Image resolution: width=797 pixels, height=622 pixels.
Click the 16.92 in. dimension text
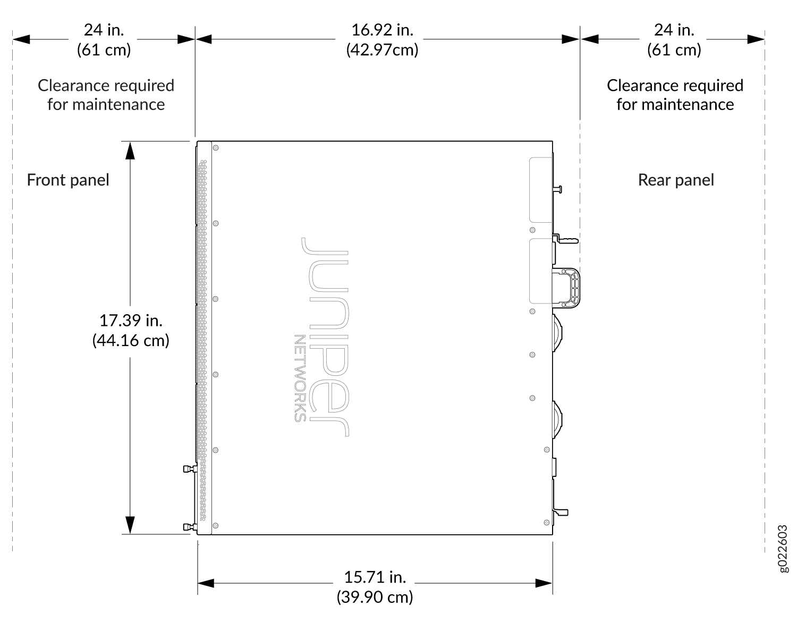point(382,30)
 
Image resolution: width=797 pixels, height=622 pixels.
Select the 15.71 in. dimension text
point(375,577)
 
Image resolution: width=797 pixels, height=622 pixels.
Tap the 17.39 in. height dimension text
point(131,321)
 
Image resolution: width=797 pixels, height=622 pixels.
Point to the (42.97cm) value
point(382,50)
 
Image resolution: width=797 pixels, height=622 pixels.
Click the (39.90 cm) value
point(375,597)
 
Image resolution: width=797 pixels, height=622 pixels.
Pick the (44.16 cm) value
point(131,341)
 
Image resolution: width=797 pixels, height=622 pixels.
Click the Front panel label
point(68,180)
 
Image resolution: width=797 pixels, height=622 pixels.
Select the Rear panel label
point(676,180)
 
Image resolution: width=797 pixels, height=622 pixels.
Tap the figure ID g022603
point(783,548)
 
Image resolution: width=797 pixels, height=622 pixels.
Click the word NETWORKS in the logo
point(300,379)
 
